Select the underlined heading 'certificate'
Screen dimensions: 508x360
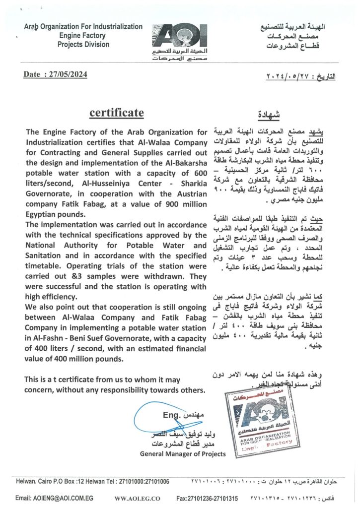point(117,113)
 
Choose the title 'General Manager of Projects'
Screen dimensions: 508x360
point(183,454)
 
